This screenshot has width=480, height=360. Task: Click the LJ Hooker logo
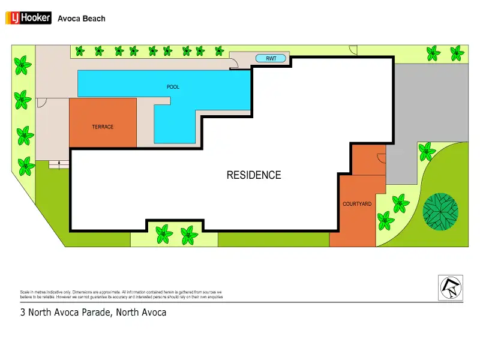[x=28, y=19]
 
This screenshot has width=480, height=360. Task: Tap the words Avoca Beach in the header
[x=81, y=19]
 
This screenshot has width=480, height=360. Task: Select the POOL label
[x=173, y=87]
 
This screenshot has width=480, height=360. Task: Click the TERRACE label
[x=103, y=127]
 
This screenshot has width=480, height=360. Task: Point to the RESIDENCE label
[x=253, y=175]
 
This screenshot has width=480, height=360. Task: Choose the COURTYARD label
[x=357, y=204]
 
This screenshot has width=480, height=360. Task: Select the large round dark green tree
[x=440, y=211]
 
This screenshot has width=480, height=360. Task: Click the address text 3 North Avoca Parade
[x=93, y=313]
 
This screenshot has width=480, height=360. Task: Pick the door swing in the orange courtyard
[x=381, y=158]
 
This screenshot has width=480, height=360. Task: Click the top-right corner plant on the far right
[x=458, y=53]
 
